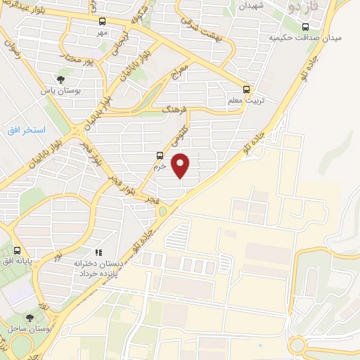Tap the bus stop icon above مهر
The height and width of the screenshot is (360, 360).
[103, 21]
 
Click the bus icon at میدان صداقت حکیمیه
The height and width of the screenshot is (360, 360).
[304, 27]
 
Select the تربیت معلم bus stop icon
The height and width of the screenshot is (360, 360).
[246, 89]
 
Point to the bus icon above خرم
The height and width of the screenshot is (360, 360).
[160, 156]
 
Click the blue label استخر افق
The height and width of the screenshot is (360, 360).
[26, 130]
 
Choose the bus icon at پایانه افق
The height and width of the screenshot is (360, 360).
[16, 250]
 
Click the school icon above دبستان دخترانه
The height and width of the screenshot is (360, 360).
[98, 251]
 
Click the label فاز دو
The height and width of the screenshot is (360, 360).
[304, 6]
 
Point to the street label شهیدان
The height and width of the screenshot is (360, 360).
[250, 6]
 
